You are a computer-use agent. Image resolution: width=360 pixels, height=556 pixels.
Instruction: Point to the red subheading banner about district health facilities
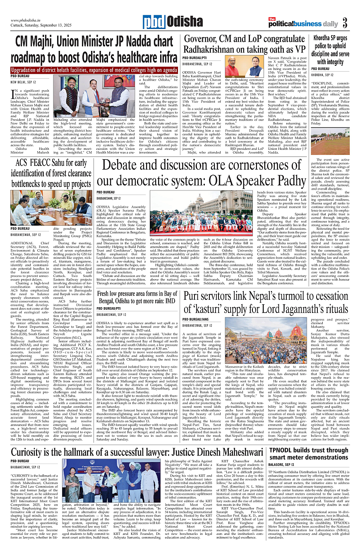[x=94, y=70]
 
